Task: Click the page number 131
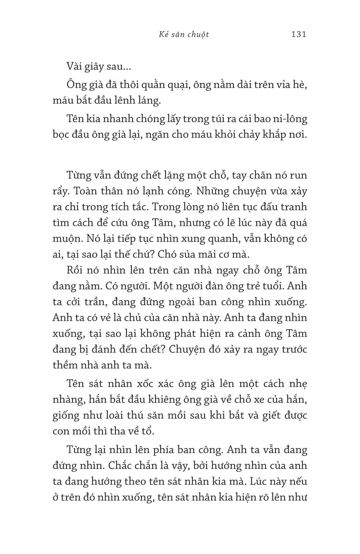pos(299,34)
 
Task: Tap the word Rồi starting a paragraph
pos(75,270)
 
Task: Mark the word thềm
pos(65,365)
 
